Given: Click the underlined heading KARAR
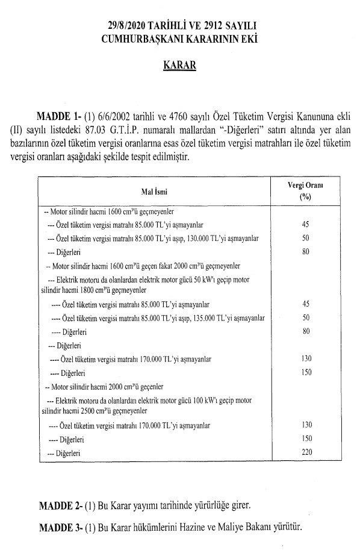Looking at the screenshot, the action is click(x=180, y=65).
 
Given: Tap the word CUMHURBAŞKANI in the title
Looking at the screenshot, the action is click(x=141, y=39).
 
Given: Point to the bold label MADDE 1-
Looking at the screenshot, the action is click(x=58, y=116).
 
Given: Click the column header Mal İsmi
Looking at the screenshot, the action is click(x=152, y=191).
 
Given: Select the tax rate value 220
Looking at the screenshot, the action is click(x=306, y=451).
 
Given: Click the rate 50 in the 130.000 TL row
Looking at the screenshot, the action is click(x=306, y=238).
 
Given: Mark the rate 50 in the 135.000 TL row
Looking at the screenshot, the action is click(x=306, y=317).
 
